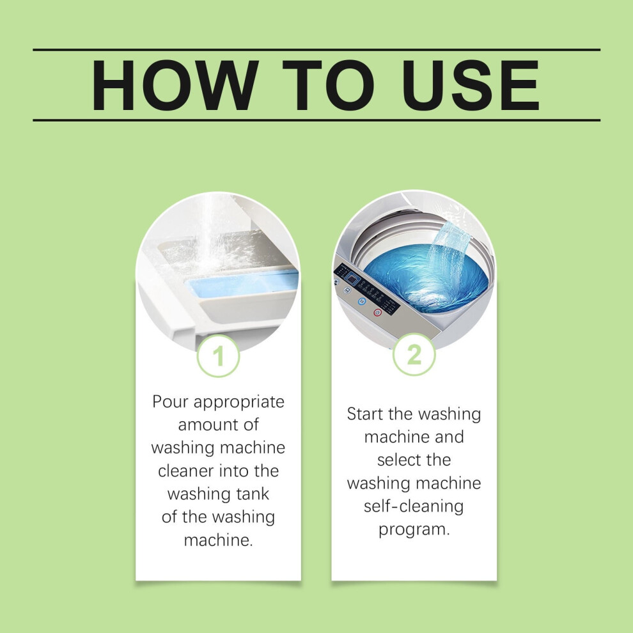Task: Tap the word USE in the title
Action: (x=470, y=85)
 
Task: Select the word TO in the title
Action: (x=328, y=85)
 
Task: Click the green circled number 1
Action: (x=219, y=356)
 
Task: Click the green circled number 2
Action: (x=414, y=355)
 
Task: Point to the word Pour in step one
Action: (x=170, y=402)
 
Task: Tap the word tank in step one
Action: (x=253, y=494)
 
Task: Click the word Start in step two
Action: (x=365, y=414)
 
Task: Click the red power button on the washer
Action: (x=377, y=313)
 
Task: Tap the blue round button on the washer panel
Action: (x=362, y=301)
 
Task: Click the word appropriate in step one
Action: (x=239, y=402)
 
